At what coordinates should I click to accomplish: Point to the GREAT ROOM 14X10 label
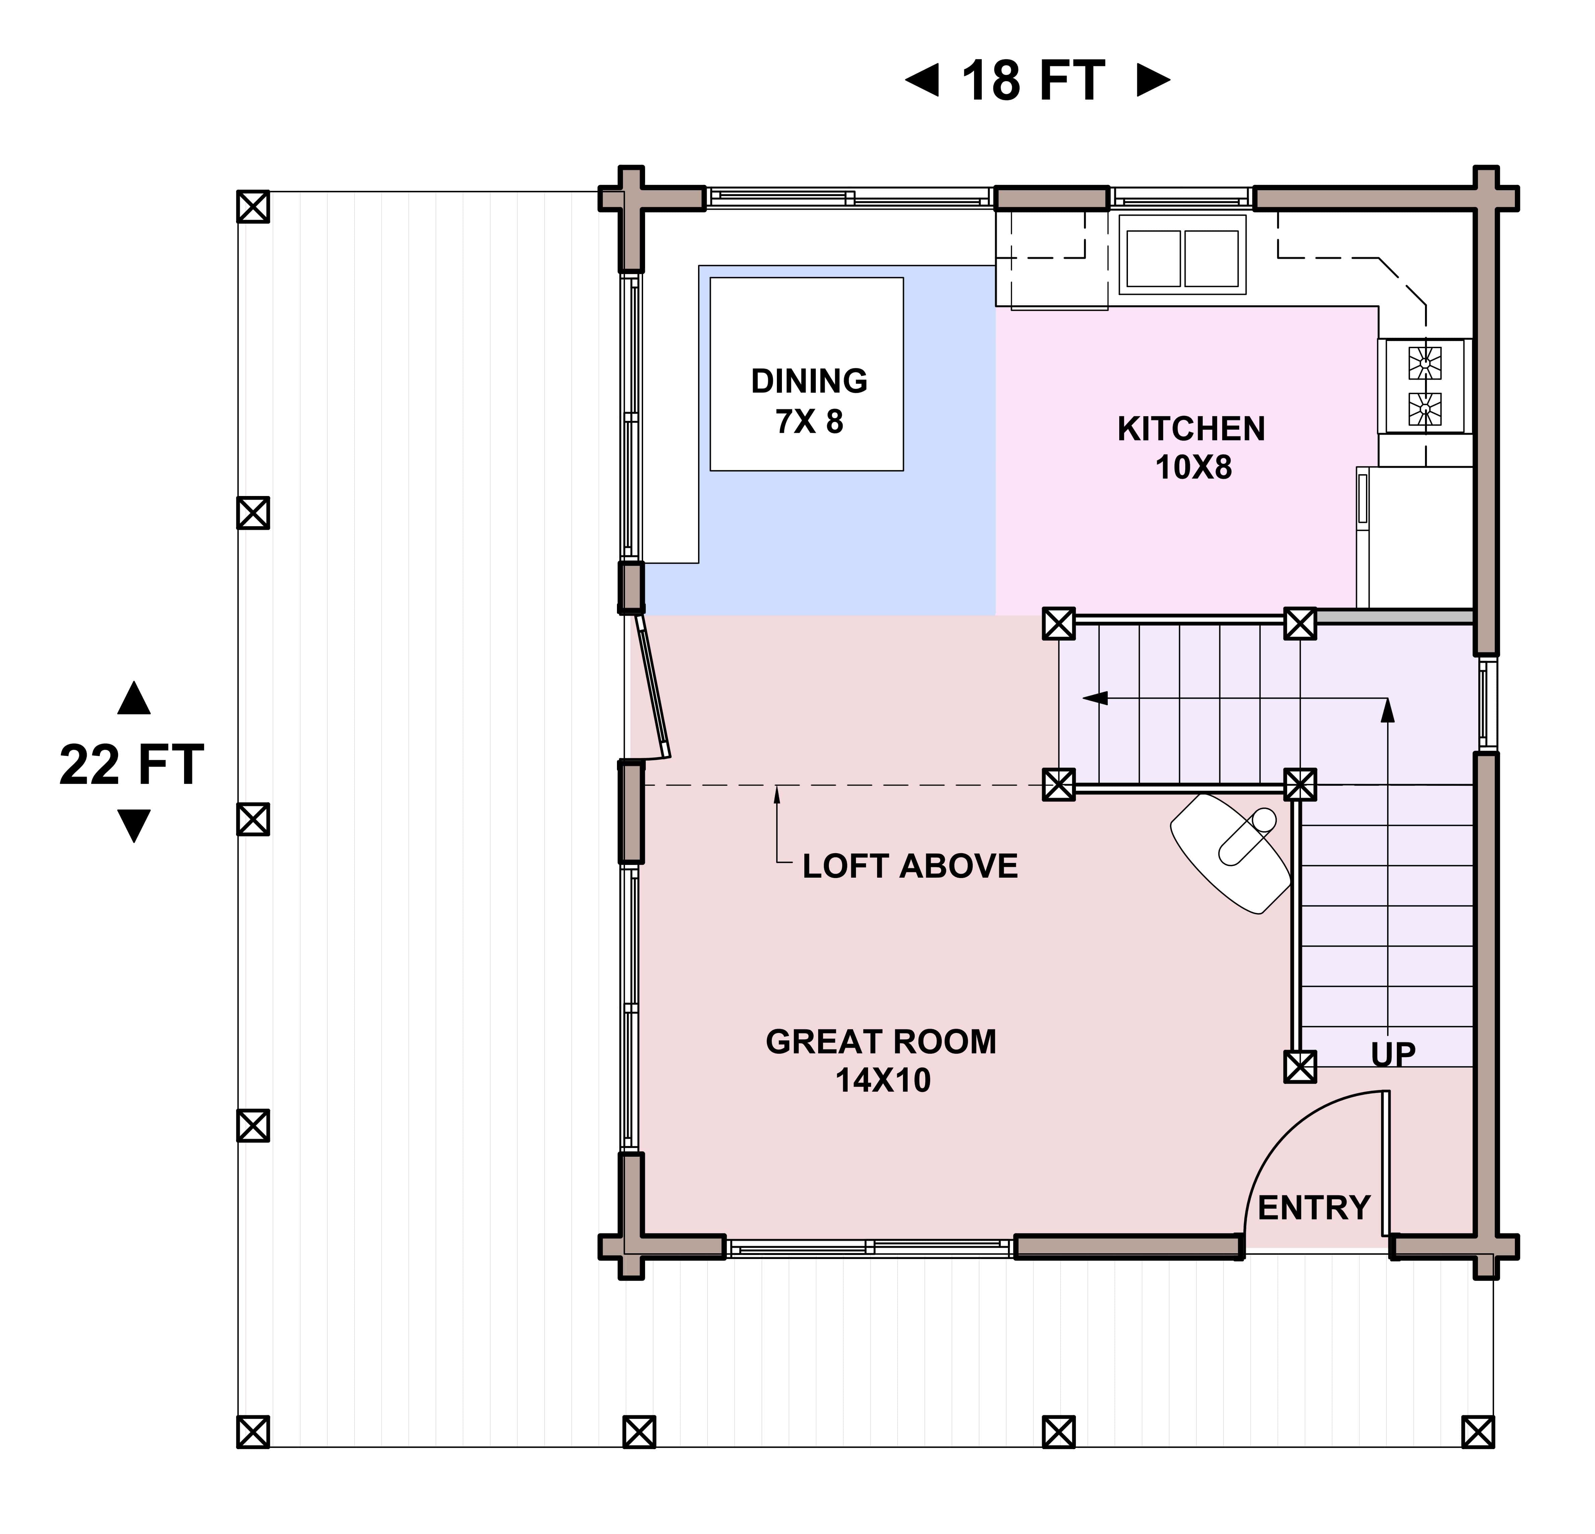coord(881,1060)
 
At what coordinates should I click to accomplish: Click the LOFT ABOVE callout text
coord(910,866)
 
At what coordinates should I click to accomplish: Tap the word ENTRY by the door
coord(1314,1208)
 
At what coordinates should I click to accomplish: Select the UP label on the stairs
coord(1393,1055)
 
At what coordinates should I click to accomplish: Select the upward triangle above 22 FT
coord(133,698)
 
